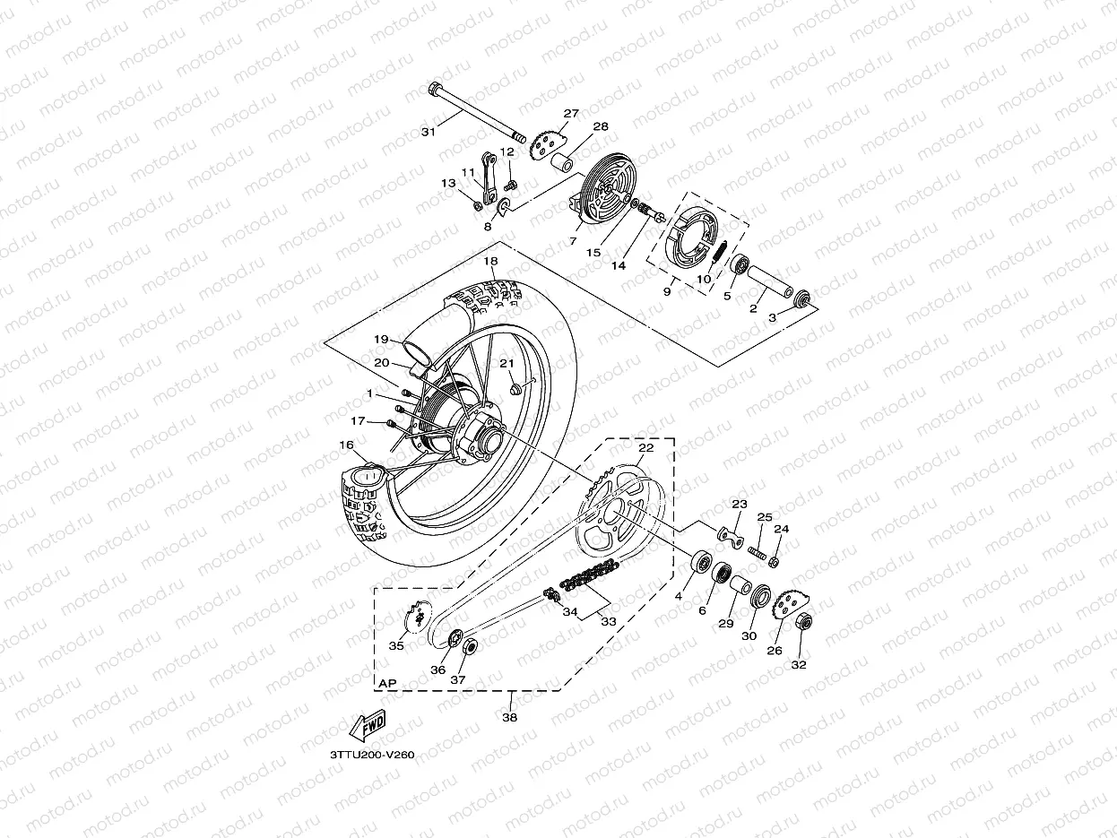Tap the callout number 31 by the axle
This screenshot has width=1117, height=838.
coord(429,132)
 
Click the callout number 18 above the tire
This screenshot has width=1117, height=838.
coord(489,261)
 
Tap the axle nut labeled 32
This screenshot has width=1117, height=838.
coord(803,622)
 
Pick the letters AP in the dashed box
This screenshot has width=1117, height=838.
coord(387,683)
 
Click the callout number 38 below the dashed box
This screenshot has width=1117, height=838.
coord(510,717)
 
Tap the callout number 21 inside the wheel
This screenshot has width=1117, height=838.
coord(507,364)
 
